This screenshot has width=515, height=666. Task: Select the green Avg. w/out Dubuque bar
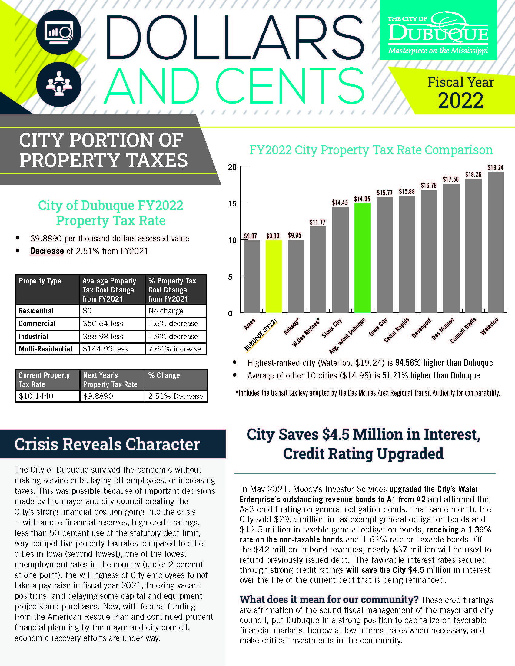[x=362, y=258]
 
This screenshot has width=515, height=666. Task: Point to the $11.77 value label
[x=317, y=222]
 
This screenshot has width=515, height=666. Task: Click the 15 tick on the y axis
[x=232, y=204]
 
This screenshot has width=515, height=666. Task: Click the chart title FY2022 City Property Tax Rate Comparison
[x=371, y=150]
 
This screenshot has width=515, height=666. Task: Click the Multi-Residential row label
[x=46, y=349]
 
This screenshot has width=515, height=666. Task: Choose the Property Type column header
[x=40, y=281]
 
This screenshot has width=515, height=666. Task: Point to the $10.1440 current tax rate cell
[x=36, y=396]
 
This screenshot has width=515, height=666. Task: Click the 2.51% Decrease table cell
[x=175, y=396]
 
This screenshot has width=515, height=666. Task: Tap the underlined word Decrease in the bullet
[x=47, y=251]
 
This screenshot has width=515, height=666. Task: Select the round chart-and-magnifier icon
[x=58, y=32]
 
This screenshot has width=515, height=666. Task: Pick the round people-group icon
[x=58, y=84]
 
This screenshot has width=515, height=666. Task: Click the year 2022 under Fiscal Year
[x=461, y=101]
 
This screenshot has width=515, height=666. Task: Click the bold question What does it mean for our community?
[x=329, y=599]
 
